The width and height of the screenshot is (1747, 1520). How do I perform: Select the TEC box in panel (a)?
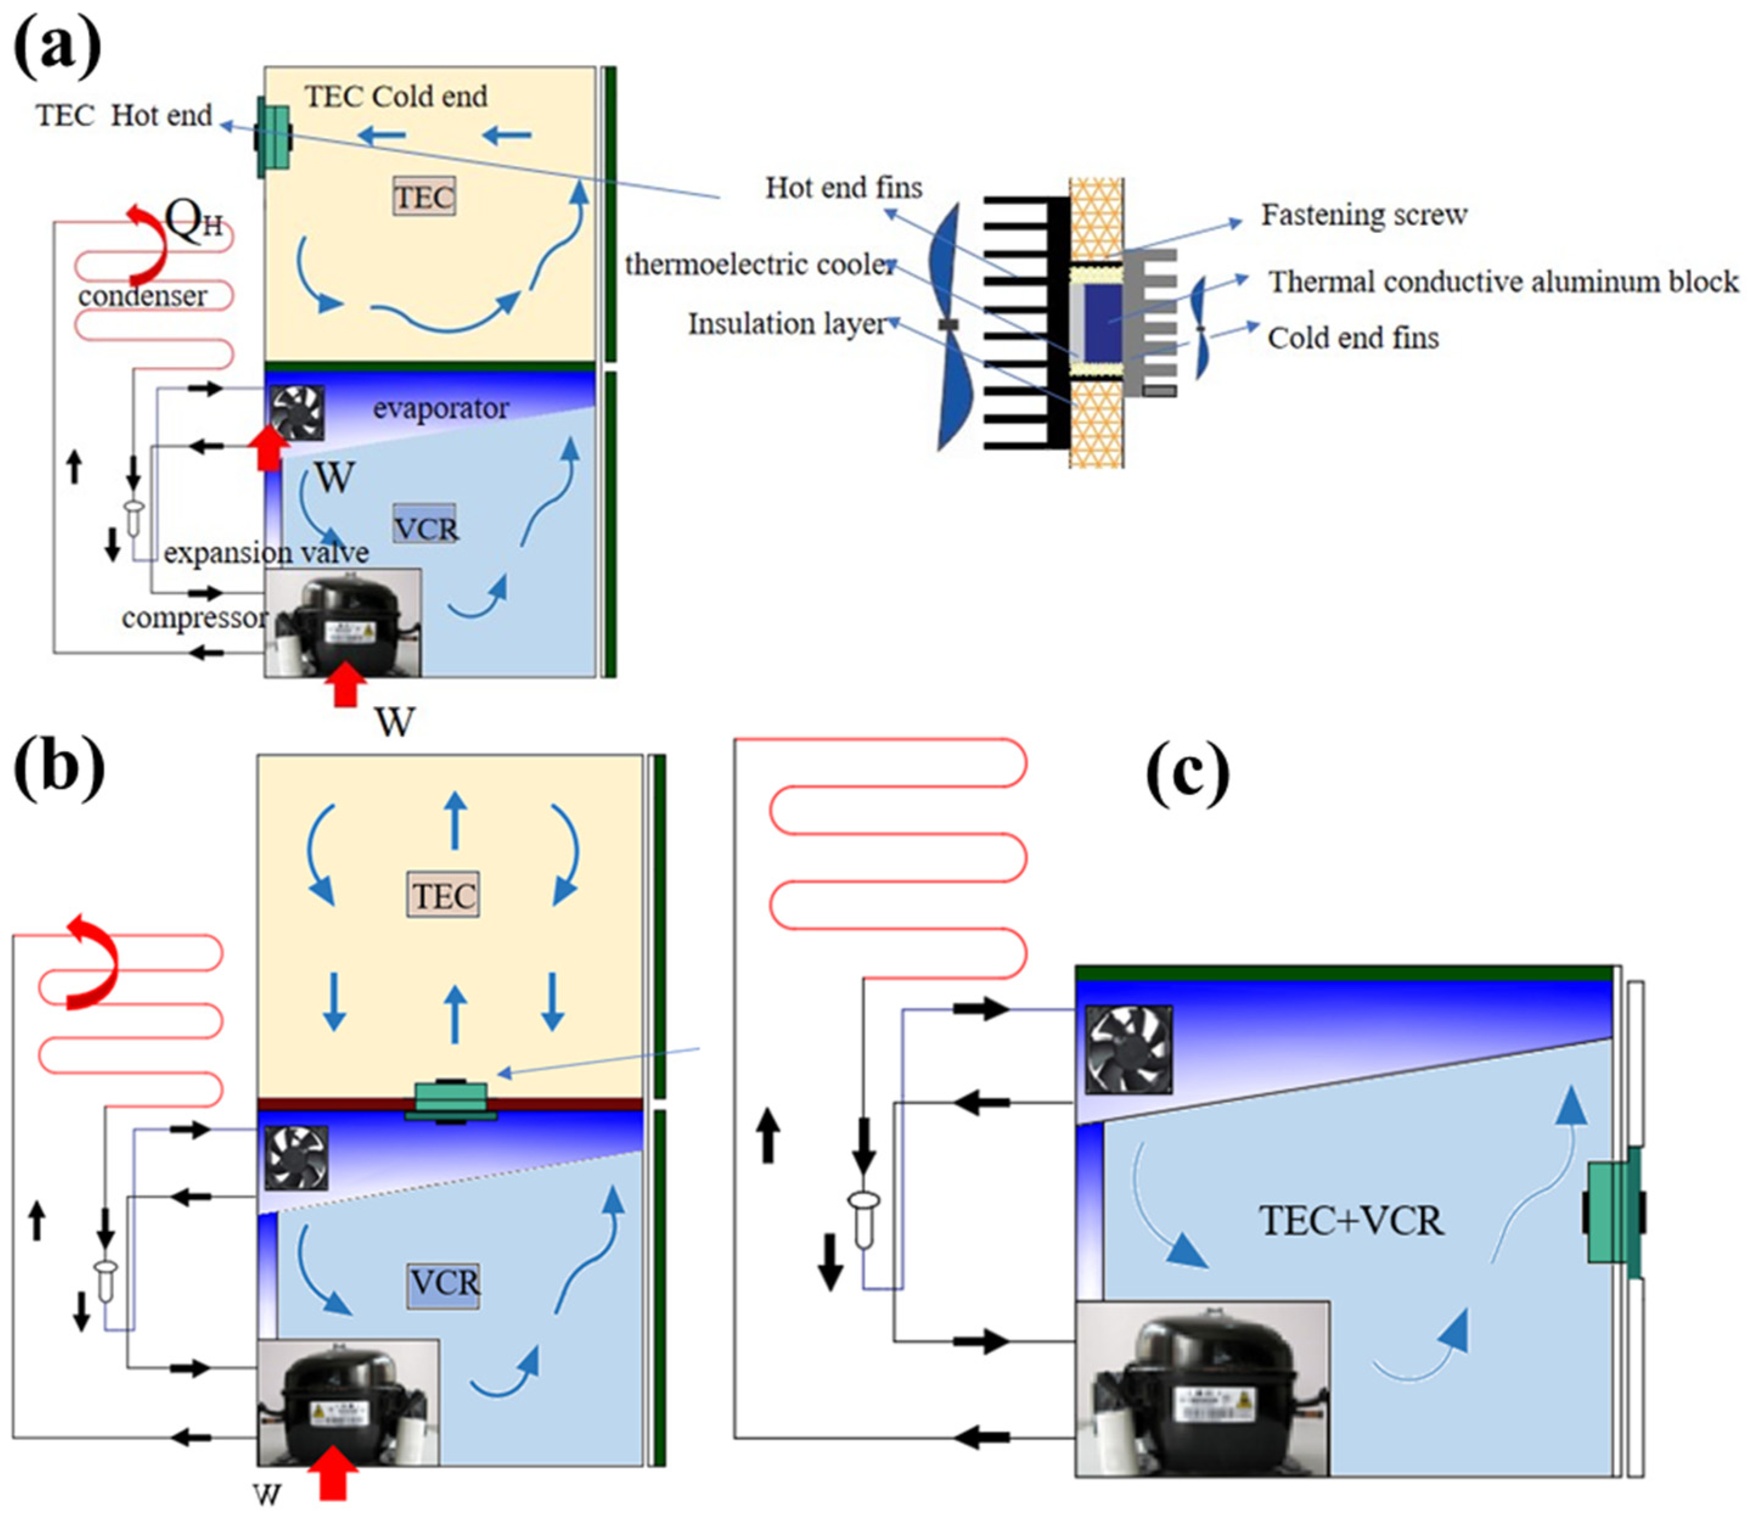(x=424, y=197)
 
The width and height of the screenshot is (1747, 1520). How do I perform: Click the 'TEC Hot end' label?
(x=124, y=116)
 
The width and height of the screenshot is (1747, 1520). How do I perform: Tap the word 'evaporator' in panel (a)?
(x=440, y=409)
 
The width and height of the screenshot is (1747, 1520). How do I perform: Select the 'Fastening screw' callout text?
(x=1364, y=215)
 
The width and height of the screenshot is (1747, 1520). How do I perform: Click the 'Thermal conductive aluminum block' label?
(x=1503, y=282)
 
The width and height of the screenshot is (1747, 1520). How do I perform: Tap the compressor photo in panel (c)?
(x=1201, y=1389)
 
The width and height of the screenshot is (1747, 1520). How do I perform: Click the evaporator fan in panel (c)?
(x=1128, y=1049)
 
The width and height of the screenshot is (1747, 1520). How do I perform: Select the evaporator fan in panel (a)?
(x=297, y=412)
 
